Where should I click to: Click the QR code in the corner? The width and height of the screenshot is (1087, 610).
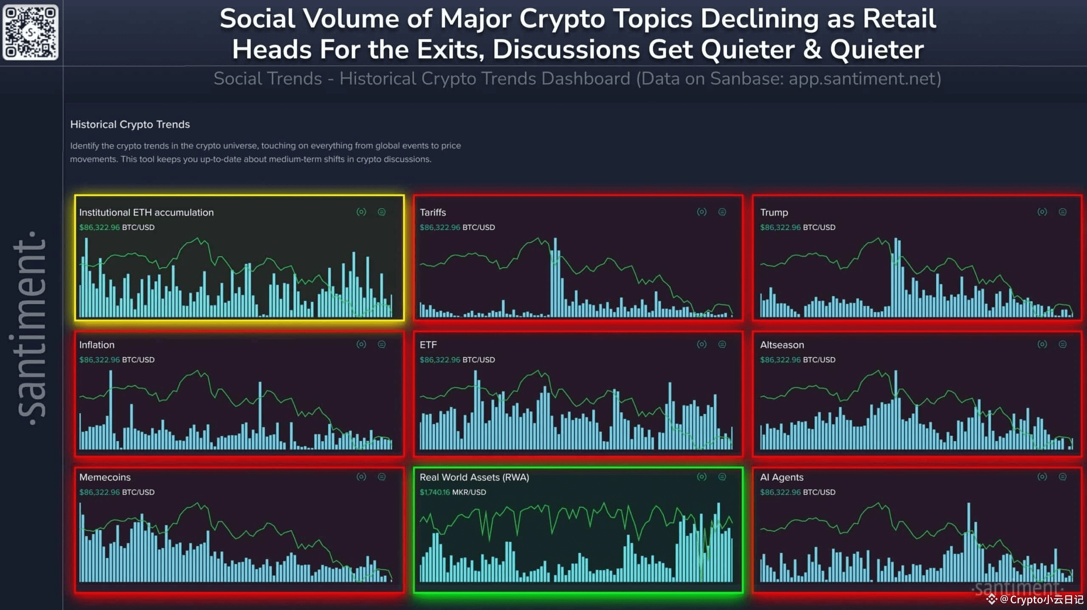pos(31,32)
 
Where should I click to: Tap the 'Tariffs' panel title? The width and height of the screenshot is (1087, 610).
pos(433,213)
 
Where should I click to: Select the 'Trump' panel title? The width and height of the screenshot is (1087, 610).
pos(774,213)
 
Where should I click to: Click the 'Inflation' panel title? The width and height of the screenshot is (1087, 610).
pos(97,345)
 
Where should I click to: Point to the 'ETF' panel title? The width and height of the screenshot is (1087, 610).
pos(428,345)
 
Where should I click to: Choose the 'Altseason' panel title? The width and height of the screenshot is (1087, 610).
pos(782,345)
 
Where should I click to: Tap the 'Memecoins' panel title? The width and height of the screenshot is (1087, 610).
pos(105,477)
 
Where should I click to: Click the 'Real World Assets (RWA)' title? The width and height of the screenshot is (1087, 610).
pos(474,477)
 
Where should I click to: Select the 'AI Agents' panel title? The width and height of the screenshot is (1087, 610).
pos(782,477)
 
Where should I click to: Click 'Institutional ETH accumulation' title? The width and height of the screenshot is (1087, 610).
pos(146,213)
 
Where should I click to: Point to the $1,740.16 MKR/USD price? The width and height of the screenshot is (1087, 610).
pos(453,492)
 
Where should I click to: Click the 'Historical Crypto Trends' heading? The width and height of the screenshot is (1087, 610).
pos(130,124)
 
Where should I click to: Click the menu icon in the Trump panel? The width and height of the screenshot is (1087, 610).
pos(1062,212)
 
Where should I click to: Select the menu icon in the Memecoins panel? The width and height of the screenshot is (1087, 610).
pos(382,477)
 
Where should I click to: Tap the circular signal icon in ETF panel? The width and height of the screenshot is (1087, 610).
pos(701,344)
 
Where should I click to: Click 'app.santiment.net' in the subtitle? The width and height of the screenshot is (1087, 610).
pos(862,79)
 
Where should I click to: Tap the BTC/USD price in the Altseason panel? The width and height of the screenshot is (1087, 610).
pos(797,360)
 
